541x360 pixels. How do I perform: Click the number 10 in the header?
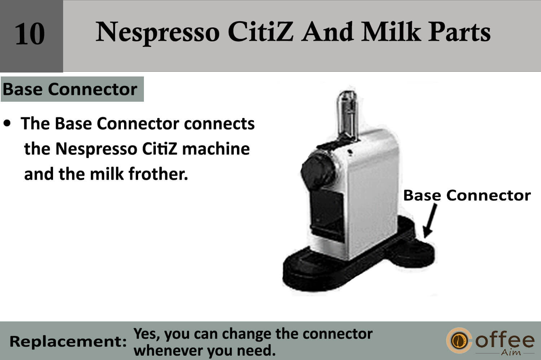click(x=30, y=34)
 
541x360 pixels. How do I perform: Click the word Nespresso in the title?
click(x=158, y=32)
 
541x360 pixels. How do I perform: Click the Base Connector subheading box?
click(x=72, y=89)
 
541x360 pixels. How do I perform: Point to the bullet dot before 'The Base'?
click(x=7, y=123)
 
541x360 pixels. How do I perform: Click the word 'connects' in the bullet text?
click(x=219, y=124)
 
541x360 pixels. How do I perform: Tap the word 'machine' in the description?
click(x=216, y=149)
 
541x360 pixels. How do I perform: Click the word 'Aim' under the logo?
click(x=511, y=352)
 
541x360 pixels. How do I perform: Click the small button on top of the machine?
click(x=350, y=152)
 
